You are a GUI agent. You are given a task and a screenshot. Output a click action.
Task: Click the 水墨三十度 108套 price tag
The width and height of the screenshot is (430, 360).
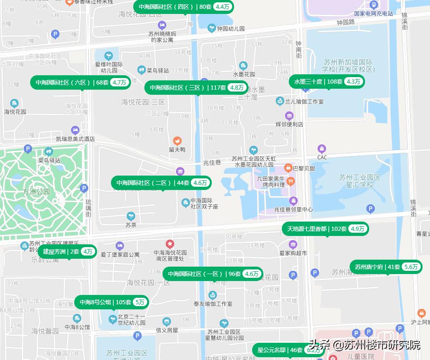pos(327,82)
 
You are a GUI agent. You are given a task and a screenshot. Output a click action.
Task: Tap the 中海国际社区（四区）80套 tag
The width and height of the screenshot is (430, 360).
pos(184,7)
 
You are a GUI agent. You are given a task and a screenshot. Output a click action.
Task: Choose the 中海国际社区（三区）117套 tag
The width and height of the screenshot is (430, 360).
pos(196,88)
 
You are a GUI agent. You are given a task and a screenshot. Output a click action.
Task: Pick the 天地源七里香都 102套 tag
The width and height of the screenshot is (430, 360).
pos(326,229)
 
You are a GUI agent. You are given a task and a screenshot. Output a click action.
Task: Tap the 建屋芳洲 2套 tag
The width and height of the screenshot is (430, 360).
pos(67,252)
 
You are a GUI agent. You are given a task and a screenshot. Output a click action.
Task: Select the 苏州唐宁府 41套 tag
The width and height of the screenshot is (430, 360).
pos(386,267)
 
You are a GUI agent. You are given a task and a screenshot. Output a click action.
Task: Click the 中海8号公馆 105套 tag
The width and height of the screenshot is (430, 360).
pos(111,302)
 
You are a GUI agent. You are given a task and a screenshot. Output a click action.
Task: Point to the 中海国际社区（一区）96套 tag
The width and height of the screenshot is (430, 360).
pos(213,274)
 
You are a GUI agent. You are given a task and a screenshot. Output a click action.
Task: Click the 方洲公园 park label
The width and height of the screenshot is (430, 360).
pos(36,191)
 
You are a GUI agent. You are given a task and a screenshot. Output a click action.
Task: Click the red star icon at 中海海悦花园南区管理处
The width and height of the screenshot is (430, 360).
pos(170,243)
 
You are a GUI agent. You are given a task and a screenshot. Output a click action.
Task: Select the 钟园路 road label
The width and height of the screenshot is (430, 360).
pos(345,22)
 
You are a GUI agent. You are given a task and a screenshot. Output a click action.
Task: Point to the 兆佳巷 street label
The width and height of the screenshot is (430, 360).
pos(212,162)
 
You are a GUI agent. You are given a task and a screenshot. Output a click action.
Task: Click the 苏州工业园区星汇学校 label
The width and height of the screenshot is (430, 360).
pos(359,181)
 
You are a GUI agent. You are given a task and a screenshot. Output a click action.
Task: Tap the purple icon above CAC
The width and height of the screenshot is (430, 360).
pos(322,149)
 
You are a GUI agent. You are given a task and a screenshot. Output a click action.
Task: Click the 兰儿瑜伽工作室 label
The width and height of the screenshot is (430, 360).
pos(306,101)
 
